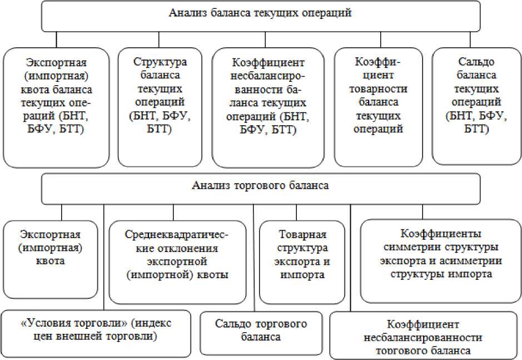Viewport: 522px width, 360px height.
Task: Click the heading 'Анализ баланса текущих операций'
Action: click(260, 14)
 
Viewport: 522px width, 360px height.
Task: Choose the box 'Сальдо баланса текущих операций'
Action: click(477, 105)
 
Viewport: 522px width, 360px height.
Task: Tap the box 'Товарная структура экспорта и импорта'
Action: click(302, 255)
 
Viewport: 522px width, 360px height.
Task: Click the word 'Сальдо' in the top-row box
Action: click(477, 63)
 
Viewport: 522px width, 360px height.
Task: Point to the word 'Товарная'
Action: click(302, 235)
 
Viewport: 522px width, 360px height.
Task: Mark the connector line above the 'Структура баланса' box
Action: click(159, 39)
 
